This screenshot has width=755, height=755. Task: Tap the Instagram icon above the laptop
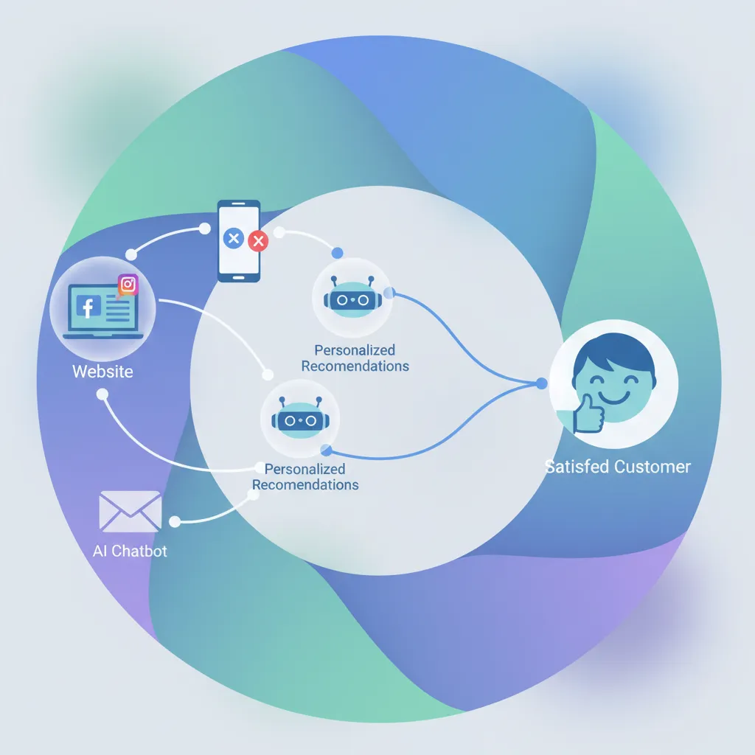[x=128, y=285]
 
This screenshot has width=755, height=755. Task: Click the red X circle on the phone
[x=258, y=240]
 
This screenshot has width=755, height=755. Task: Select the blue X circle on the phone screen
[x=234, y=238]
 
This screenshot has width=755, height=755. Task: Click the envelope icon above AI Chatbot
[x=130, y=511]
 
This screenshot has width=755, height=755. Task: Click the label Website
[x=102, y=372]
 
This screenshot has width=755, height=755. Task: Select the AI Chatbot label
[x=130, y=551]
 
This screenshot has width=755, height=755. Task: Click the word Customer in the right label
[x=653, y=467]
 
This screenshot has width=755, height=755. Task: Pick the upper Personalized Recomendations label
[x=355, y=358]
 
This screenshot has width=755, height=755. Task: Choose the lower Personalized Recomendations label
[x=305, y=477]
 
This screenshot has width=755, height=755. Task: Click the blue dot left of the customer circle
[x=542, y=383]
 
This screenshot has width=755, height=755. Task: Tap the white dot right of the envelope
[x=175, y=522]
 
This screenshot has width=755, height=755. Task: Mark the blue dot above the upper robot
[x=338, y=253]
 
